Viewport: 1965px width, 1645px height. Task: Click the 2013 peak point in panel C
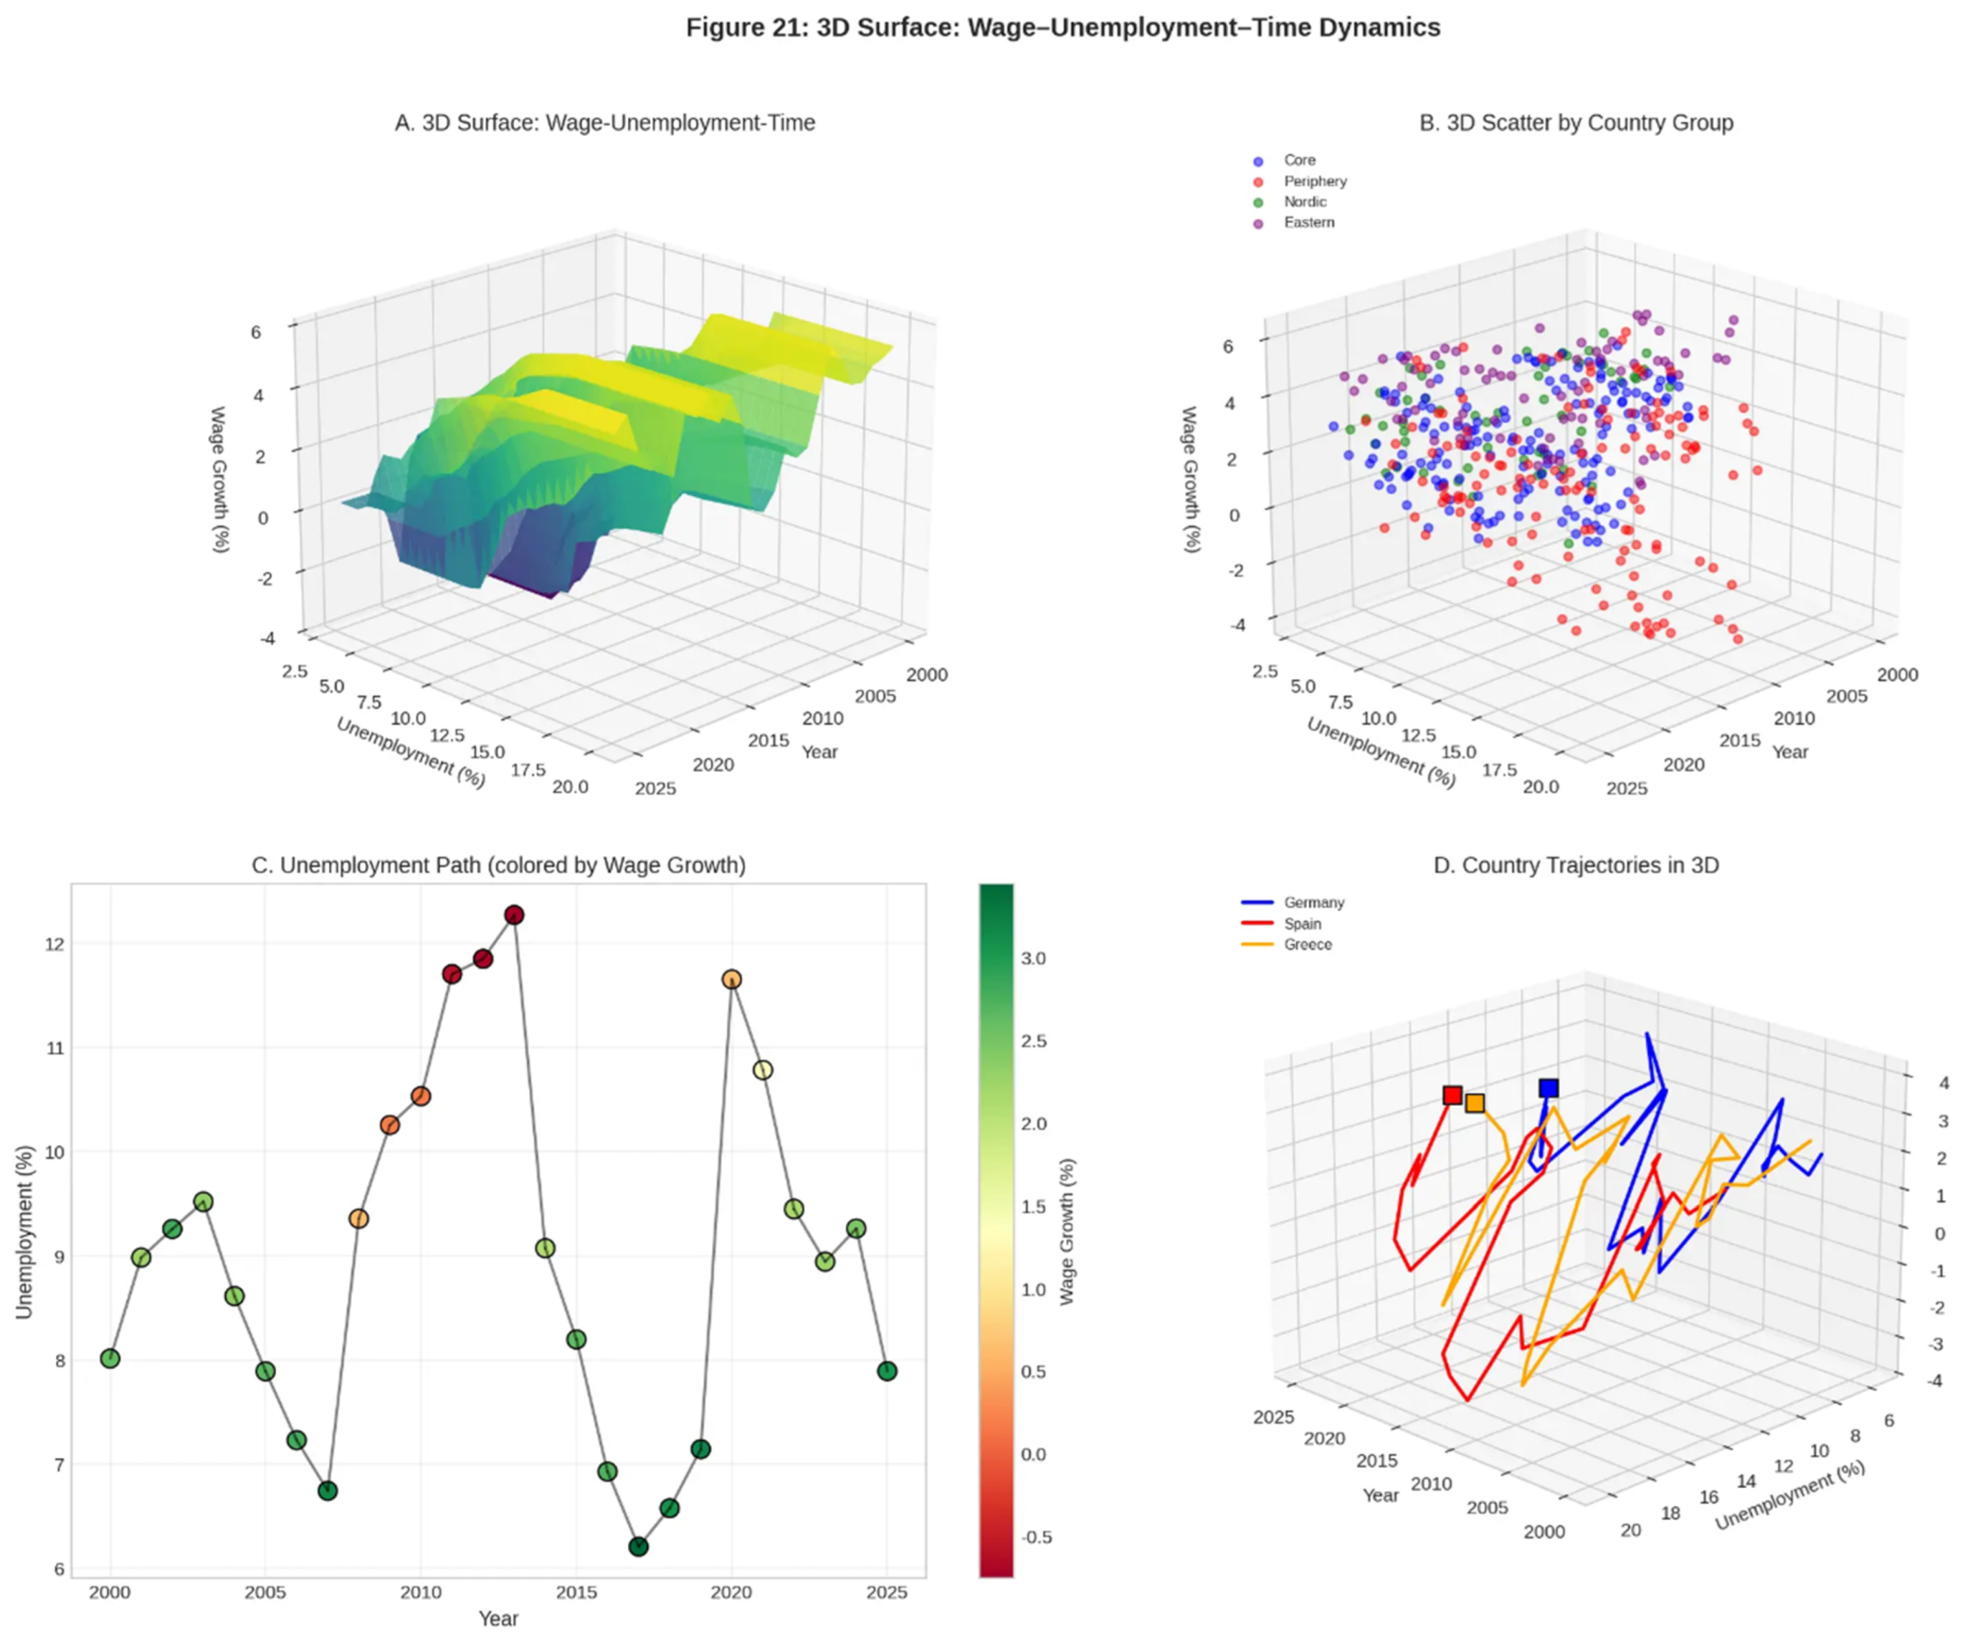(x=513, y=914)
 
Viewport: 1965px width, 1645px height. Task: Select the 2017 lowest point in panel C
(x=638, y=1547)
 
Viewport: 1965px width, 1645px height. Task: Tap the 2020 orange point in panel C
(x=731, y=979)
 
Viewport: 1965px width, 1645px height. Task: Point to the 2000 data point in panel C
(x=110, y=1358)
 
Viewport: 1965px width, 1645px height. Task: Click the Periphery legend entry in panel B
(x=1314, y=182)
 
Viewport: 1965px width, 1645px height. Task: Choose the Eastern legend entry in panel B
(x=1308, y=223)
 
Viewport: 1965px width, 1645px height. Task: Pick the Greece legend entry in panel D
(x=1306, y=944)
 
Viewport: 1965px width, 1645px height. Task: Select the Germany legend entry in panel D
(x=1313, y=903)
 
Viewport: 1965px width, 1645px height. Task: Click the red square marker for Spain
(x=1452, y=1095)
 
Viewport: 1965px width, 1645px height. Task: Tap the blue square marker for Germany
(x=1548, y=1087)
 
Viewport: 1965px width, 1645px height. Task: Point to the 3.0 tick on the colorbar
(x=1033, y=958)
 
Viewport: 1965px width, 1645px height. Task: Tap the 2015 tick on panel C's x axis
(x=577, y=1593)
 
